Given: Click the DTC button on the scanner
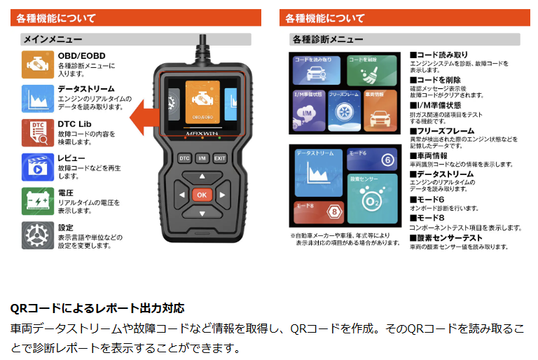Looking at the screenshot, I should (184, 158).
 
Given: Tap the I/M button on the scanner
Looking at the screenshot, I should (202, 158).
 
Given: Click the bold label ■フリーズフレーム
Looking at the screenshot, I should (445, 131).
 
